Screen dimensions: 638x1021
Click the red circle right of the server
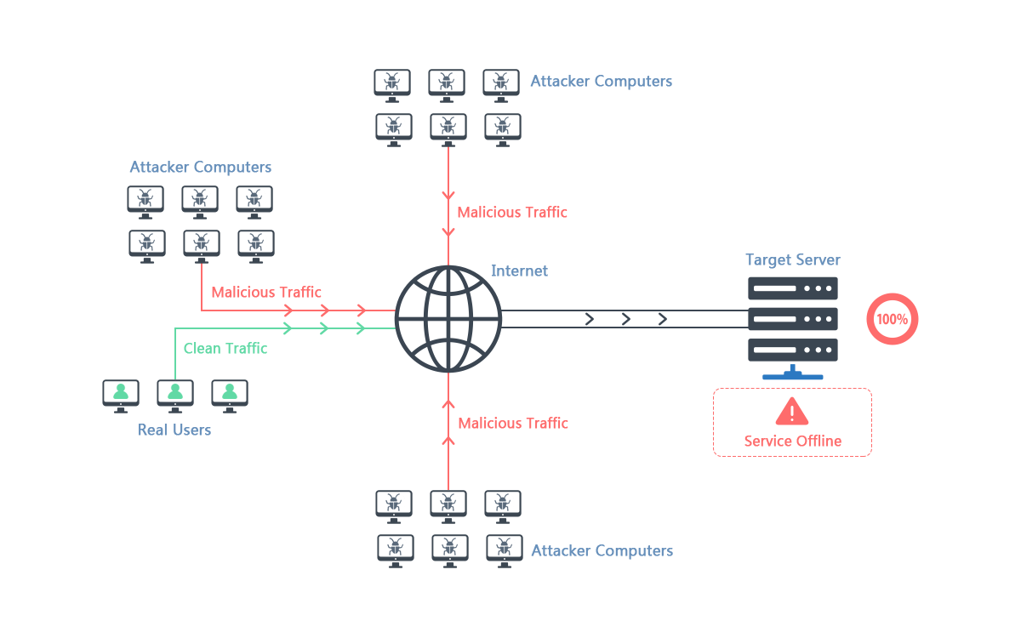[x=892, y=319]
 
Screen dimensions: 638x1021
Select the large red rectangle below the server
[x=792, y=422]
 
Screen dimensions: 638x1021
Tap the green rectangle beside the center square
[x=285, y=350]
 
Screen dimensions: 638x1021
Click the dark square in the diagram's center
[x=442, y=319]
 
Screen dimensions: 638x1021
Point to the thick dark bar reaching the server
[x=625, y=319]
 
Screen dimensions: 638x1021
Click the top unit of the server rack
[x=793, y=288]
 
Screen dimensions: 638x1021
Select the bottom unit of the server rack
[x=793, y=350]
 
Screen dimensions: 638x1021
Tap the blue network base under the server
[x=793, y=373]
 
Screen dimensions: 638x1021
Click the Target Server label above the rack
[x=793, y=260]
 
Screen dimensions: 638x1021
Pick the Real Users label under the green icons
[x=174, y=430]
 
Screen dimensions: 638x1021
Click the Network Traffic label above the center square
[x=512, y=213]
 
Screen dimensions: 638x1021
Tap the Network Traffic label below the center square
[x=513, y=424]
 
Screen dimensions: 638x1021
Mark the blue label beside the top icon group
[x=601, y=83]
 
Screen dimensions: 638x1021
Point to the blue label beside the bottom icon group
[x=602, y=552]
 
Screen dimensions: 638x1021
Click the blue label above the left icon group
[x=201, y=168]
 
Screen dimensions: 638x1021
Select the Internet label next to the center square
[x=519, y=271]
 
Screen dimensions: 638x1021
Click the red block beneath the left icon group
[x=259, y=289]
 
